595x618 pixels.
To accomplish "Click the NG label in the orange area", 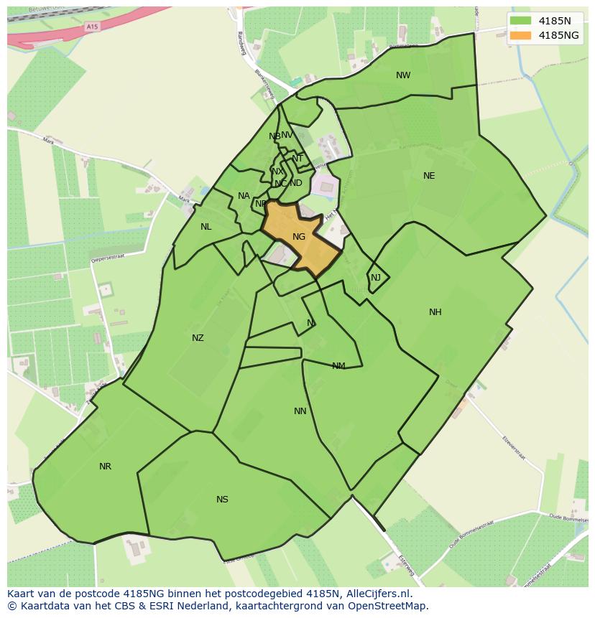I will (299, 237).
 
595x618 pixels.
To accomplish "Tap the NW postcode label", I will (403, 75).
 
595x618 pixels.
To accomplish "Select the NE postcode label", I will (429, 176).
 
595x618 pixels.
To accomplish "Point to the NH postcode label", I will (435, 312).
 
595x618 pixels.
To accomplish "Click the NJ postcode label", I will (376, 278).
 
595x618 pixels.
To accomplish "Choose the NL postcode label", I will (206, 227).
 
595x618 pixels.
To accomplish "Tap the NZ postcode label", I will (198, 338).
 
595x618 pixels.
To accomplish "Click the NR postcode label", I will (106, 467).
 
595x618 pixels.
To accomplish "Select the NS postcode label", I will (222, 500).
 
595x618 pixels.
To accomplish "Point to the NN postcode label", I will (300, 411).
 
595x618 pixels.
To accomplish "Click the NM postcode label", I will (338, 366).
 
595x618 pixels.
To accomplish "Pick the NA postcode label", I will (244, 196).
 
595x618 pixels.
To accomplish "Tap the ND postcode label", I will (296, 183).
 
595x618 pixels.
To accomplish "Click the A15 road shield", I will (91, 27).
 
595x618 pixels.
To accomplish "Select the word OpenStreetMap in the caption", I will (392, 606).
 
